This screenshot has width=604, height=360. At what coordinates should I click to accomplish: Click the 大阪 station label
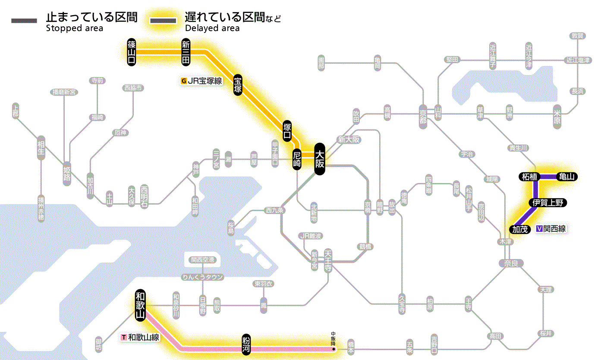click(319, 159)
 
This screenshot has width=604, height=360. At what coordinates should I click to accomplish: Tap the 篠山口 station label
click(132, 52)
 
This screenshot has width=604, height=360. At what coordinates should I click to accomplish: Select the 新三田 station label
click(186, 52)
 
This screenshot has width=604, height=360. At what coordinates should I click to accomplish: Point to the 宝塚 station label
click(238, 85)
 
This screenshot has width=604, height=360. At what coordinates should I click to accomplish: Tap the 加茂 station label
click(520, 229)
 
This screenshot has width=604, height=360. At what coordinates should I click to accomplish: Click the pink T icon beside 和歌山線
click(124, 337)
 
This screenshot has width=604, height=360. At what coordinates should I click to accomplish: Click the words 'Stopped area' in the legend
click(75, 28)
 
